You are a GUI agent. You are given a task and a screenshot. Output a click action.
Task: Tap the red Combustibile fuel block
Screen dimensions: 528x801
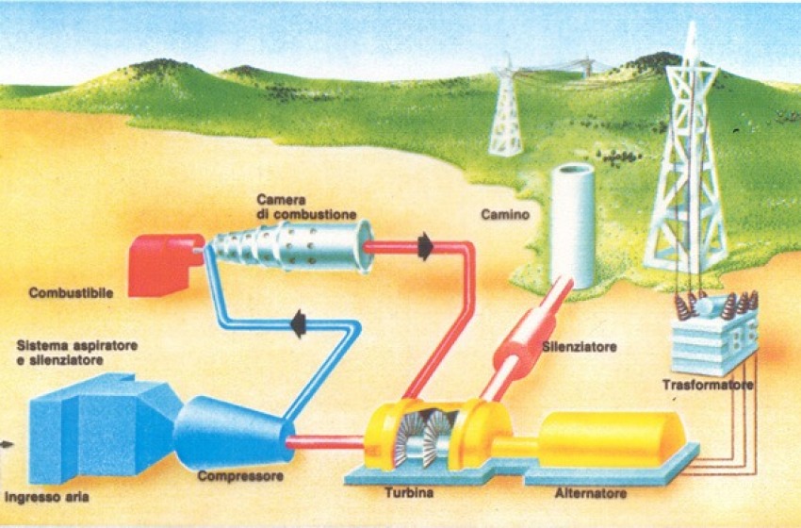point(166,263)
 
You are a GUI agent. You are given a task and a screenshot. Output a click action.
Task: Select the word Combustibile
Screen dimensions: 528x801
point(71,293)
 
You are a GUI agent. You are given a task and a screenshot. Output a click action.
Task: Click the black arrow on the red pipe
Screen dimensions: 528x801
point(424,247)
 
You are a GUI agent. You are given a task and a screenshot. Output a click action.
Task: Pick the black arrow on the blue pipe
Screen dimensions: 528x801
point(300,324)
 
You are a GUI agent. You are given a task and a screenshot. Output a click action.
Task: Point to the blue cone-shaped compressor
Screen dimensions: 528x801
point(232,431)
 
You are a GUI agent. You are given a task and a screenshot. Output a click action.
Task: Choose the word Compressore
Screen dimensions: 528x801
point(240,477)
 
